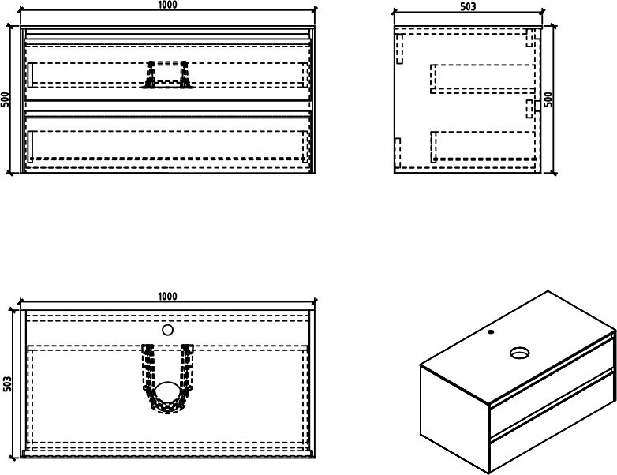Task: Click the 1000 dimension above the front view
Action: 168,5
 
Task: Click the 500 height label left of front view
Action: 5,99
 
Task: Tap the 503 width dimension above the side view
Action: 468,6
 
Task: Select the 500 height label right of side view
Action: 548,99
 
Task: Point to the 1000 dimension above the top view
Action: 167,296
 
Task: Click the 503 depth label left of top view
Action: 7,383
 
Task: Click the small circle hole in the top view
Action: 167,330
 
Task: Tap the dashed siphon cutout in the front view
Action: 167,75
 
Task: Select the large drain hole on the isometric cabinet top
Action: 520,353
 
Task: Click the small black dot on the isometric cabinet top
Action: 491,331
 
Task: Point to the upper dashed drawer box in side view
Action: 483,79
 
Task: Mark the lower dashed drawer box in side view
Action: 484,147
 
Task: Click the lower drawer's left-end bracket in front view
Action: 30,147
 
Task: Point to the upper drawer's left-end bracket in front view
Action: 30,75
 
